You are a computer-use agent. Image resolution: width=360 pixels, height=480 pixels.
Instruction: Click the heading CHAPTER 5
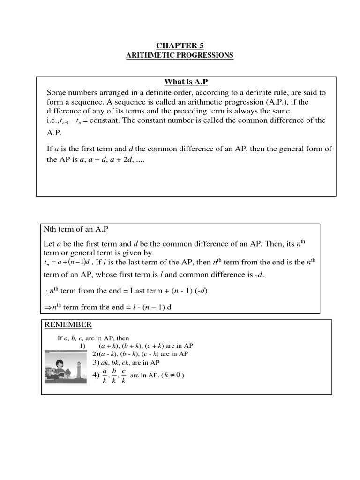click(180, 45)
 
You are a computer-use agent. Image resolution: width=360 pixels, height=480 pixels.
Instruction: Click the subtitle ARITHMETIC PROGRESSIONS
click(180, 55)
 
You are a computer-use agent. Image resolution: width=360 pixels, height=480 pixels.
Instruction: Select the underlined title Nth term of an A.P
click(76, 229)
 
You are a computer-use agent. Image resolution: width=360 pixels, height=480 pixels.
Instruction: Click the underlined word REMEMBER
click(68, 325)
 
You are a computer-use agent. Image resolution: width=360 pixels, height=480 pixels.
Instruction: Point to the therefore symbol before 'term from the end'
click(46, 292)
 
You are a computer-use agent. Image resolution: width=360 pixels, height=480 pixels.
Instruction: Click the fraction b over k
click(114, 375)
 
